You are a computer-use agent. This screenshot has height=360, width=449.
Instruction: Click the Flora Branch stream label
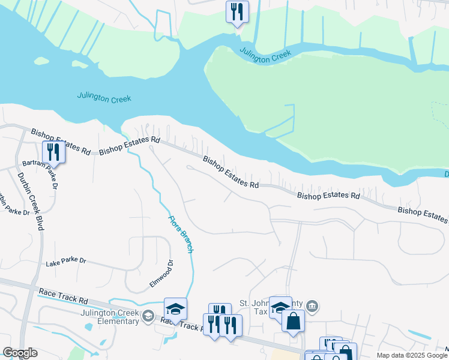tap(181, 234)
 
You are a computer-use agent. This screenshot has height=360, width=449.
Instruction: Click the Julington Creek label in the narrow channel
tap(265, 55)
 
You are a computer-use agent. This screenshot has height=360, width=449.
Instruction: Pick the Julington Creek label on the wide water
tap(104, 97)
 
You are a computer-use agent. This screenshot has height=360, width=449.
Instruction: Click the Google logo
tap(20, 353)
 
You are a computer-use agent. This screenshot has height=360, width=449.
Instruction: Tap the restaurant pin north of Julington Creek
tap(237, 12)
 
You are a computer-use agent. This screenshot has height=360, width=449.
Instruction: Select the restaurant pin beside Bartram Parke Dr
tap(54, 152)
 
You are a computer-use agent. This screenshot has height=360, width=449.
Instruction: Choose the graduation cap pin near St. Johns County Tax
tap(280, 307)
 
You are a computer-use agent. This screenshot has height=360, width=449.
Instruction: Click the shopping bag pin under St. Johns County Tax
tap(293, 320)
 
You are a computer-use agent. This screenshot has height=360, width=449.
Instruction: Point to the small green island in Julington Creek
tap(41, 61)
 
